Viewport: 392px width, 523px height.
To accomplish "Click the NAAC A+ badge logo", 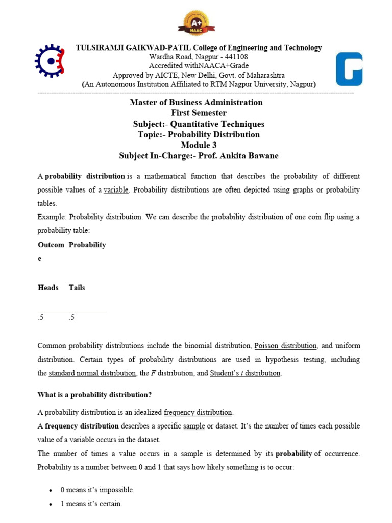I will [x=196, y=23].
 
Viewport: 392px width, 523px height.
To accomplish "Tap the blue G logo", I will [x=349, y=69].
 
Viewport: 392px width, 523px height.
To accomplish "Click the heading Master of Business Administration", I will [x=196, y=102].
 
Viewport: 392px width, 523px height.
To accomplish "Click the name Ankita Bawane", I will [x=250, y=156].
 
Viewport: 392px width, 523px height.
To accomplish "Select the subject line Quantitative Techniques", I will [x=217, y=124].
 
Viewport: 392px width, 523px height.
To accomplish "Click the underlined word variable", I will [x=116, y=189].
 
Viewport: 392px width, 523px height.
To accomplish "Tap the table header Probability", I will [x=87, y=245].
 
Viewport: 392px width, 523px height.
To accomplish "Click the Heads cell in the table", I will [x=48, y=288].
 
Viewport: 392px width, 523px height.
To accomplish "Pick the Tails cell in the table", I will [x=77, y=288].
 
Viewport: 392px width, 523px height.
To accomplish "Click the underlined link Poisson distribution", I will [x=286, y=346].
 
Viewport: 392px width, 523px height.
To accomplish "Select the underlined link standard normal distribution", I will [x=92, y=373].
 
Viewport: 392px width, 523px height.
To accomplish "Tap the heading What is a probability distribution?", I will [x=95, y=395].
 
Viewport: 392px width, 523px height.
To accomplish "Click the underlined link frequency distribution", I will [x=198, y=412].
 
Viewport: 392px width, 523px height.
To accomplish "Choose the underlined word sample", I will [x=194, y=425].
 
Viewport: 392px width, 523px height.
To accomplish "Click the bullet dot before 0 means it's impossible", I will [x=51, y=490].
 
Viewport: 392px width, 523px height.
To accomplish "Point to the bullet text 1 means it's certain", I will [x=91, y=504].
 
